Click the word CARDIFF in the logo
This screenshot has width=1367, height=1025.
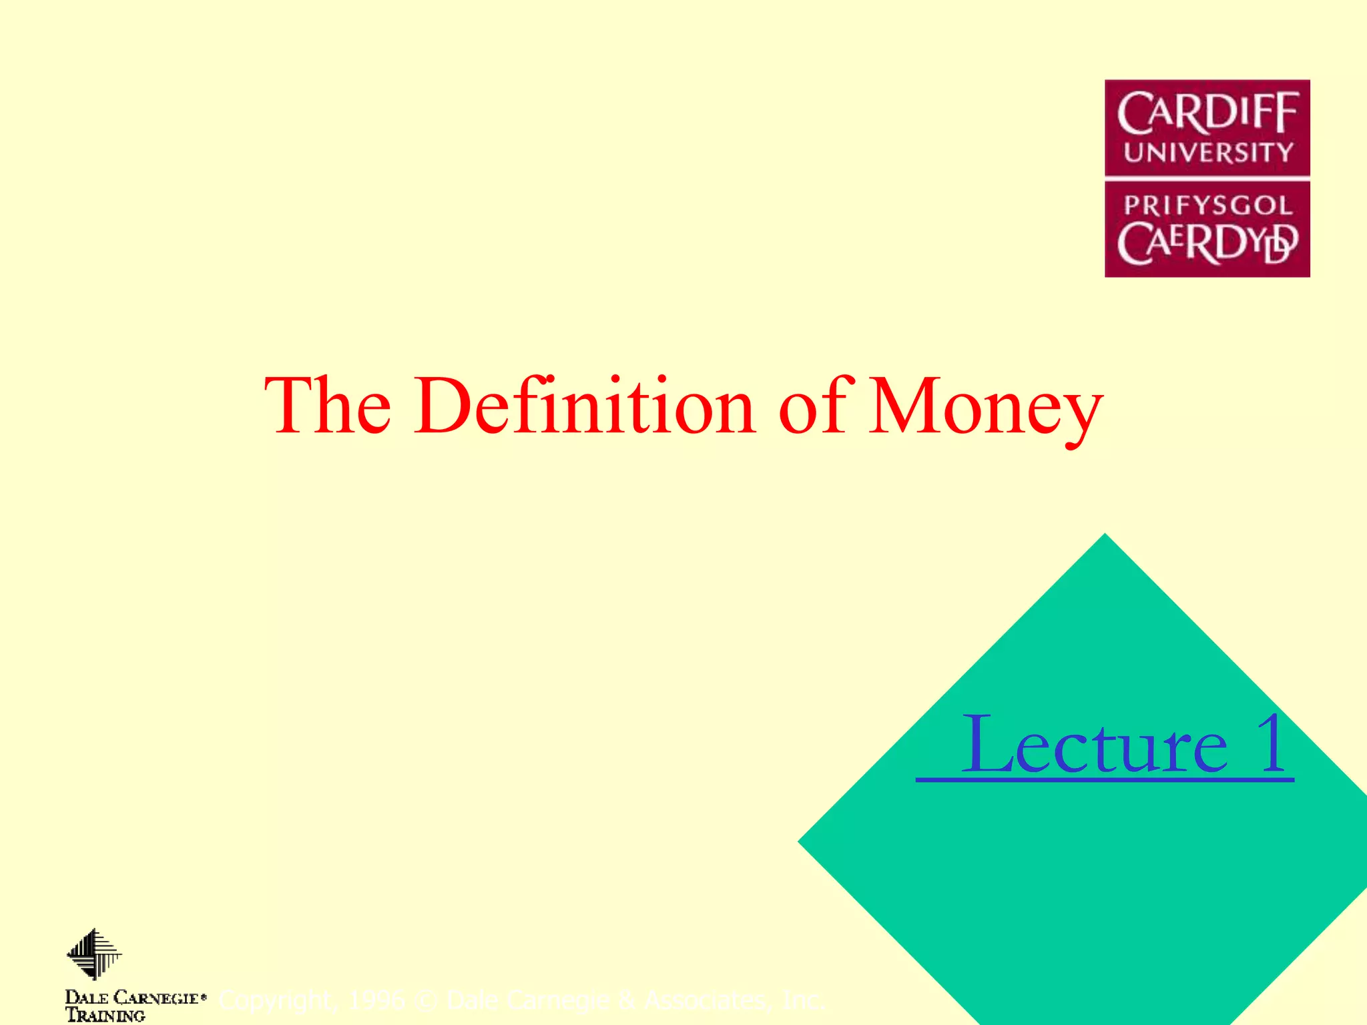tap(1207, 113)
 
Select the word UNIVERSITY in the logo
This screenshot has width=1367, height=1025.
tap(1207, 153)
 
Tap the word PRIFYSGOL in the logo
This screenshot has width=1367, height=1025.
tap(1207, 205)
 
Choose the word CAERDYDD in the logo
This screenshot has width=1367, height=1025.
tap(1207, 243)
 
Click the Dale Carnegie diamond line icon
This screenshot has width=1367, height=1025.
tap(94, 954)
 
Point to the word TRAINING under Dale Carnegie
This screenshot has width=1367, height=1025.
tap(105, 1016)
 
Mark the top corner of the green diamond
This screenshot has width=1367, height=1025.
tap(1105, 536)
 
